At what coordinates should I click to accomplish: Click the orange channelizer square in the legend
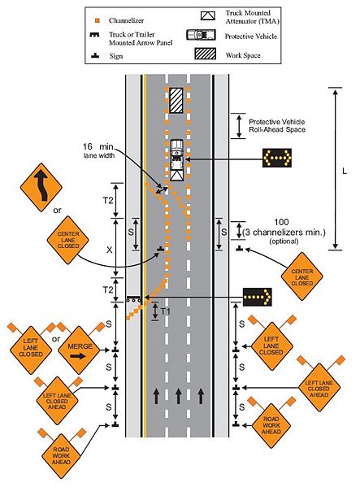pyautogui.click(x=98, y=20)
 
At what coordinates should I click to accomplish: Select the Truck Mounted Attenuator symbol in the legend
pyautogui.click(x=208, y=15)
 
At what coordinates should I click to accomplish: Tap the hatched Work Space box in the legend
pyautogui.click(x=206, y=54)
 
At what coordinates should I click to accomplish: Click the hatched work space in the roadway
pyautogui.click(x=176, y=100)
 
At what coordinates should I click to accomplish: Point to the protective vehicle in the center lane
pyautogui.click(x=176, y=159)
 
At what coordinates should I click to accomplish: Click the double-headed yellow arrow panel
pyautogui.click(x=277, y=158)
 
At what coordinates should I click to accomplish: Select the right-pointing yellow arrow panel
pyautogui.click(x=258, y=297)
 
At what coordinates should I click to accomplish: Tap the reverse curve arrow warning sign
pyautogui.click(x=41, y=188)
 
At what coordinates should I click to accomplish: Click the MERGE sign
pyautogui.click(x=79, y=350)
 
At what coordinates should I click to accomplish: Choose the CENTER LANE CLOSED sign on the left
pyautogui.click(x=68, y=240)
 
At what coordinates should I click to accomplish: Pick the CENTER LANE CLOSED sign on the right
pyautogui.click(x=302, y=276)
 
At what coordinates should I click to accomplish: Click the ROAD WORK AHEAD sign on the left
pyautogui.click(x=61, y=455)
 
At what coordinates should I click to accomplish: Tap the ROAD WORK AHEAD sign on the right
pyautogui.click(x=271, y=425)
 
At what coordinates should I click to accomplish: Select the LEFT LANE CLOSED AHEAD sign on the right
pyautogui.click(x=319, y=388)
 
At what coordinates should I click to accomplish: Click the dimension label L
pyautogui.click(x=345, y=171)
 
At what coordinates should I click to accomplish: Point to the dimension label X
pyautogui.click(x=109, y=250)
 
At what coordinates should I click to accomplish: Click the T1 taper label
pyautogui.click(x=166, y=311)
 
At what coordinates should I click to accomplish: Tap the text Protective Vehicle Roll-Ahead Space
pyautogui.click(x=277, y=126)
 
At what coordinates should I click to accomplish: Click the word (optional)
pyautogui.click(x=284, y=241)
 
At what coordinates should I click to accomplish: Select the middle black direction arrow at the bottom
pyautogui.click(x=179, y=396)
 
